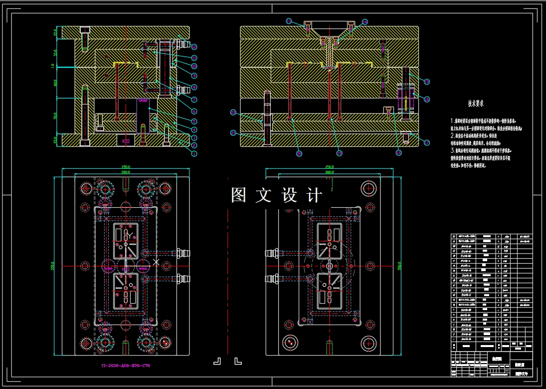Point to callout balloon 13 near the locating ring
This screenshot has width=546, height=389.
(289, 21)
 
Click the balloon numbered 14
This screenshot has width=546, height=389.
(364, 22)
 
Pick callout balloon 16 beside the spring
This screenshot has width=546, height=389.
(427, 99)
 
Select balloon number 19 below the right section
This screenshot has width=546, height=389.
(339, 153)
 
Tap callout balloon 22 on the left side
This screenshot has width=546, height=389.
(233, 112)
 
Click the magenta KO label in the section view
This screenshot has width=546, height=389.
(126, 141)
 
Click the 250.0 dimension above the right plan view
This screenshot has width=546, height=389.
(329, 167)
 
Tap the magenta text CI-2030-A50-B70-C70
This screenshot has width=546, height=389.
(126, 366)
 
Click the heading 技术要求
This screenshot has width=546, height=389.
(476, 104)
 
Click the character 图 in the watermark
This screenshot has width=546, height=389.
(239, 195)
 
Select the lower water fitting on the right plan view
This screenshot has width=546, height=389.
(272, 278)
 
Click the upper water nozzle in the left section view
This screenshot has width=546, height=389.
(185, 45)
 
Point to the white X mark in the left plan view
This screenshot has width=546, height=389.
(157, 262)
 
